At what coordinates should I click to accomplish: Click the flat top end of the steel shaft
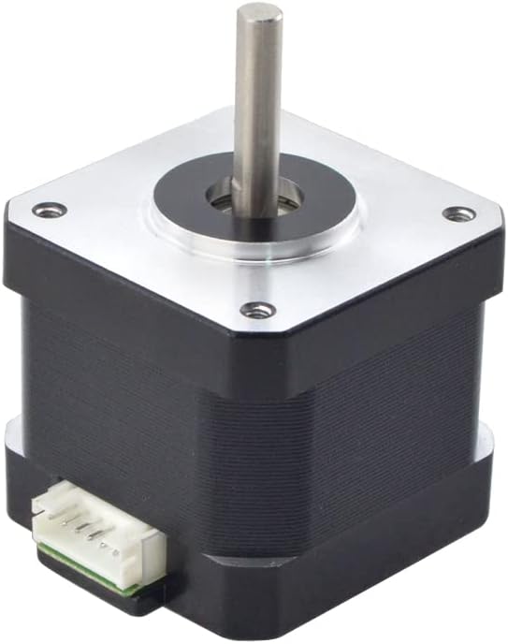point(258,14)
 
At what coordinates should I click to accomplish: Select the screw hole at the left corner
point(50,210)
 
